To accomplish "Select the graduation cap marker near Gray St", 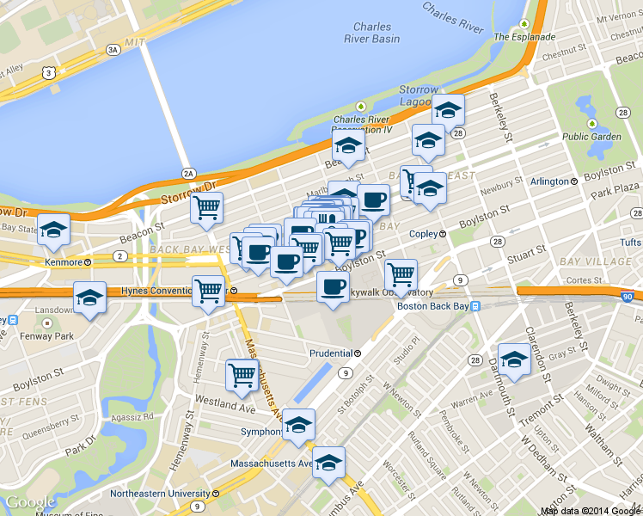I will (514, 360).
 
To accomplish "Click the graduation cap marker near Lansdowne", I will (89, 298).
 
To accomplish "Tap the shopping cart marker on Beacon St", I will (206, 208).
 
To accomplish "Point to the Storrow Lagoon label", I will (419, 95).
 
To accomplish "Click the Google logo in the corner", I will (30, 503).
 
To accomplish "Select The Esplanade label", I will (524, 37).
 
